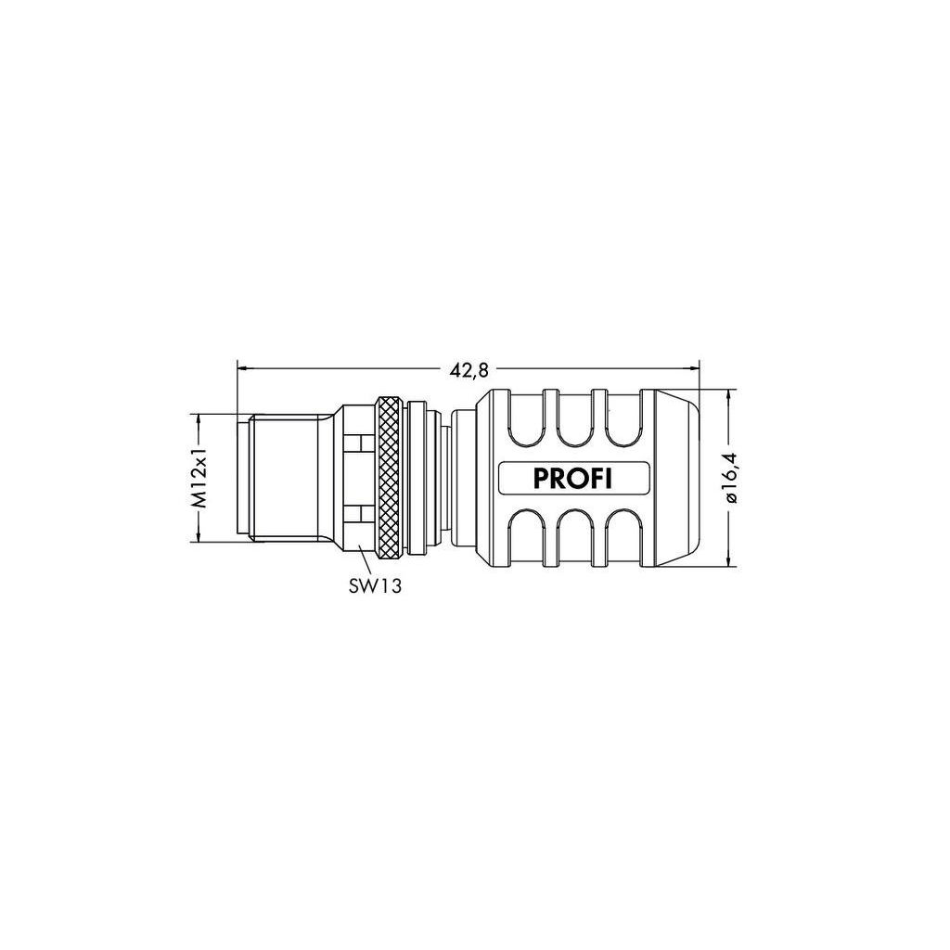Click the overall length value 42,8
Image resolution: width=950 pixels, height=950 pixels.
pyautogui.click(x=469, y=370)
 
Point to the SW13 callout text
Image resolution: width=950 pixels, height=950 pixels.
pyautogui.click(x=375, y=585)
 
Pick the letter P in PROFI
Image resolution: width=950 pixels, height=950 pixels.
pyautogui.click(x=540, y=479)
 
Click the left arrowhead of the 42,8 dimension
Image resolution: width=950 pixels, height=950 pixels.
pyautogui.click(x=242, y=366)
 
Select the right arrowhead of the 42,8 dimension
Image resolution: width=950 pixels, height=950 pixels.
pyautogui.click(x=694, y=366)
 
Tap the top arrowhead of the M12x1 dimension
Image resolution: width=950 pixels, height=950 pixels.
pyautogui.click(x=198, y=419)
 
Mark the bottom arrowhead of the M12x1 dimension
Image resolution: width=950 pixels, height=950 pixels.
pyautogui.click(x=198, y=536)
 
